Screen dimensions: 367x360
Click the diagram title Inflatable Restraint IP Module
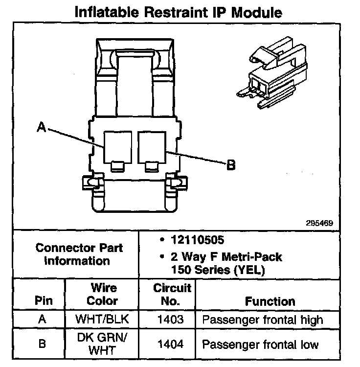[x=178, y=12]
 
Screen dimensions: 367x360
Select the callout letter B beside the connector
[x=231, y=164]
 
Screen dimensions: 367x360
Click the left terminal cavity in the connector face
[x=117, y=147]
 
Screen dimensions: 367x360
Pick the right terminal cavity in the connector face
[x=153, y=147]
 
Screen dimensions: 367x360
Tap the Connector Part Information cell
[x=79, y=254]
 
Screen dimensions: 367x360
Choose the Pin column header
[x=43, y=301]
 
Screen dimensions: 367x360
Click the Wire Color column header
[x=103, y=294]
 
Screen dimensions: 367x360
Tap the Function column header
[x=270, y=301]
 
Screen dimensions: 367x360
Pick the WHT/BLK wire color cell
[x=102, y=320]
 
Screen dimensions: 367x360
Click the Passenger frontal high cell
[x=263, y=320]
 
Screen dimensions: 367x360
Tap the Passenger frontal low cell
[x=260, y=344]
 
